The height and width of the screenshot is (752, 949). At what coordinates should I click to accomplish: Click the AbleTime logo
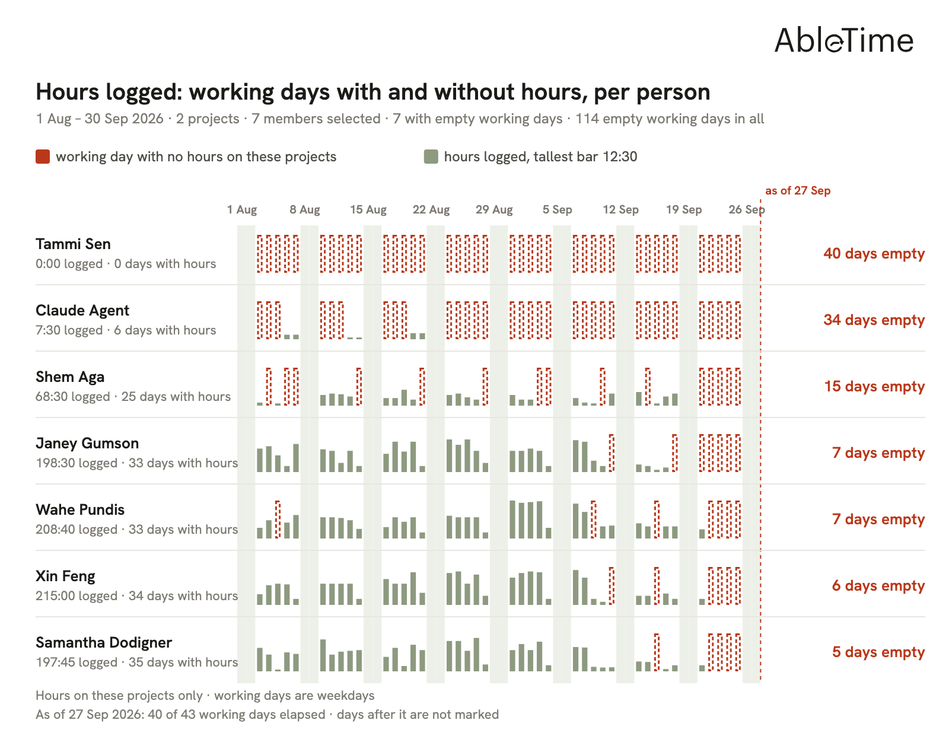843,40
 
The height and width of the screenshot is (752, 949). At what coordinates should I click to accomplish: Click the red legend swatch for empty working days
43,157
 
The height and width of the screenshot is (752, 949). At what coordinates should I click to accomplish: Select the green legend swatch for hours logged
431,157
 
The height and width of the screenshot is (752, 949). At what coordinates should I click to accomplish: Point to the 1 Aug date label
241,209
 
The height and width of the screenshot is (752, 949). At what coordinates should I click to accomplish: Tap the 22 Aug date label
431,209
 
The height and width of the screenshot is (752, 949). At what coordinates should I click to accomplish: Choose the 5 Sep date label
557,209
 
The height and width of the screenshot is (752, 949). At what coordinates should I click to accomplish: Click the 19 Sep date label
683,209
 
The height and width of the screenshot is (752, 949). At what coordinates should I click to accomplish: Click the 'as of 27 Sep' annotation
798,190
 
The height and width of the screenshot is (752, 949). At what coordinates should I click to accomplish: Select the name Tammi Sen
73,244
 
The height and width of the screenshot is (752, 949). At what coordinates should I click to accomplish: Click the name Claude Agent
82,311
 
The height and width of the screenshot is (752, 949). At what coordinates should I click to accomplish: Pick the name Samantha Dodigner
104,643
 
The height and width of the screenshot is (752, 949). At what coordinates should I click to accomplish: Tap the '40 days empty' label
874,254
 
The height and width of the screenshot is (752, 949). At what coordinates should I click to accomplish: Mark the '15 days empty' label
874,386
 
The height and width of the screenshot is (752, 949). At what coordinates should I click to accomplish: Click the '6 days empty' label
878,586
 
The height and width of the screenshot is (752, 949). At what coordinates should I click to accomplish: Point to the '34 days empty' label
874,320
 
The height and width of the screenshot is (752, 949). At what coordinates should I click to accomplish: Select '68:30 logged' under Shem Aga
73,397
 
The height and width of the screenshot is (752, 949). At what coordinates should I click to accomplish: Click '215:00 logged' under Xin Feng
77,596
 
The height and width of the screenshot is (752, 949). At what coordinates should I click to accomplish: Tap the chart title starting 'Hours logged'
373,92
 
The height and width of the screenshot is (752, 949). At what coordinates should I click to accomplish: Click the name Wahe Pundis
80,510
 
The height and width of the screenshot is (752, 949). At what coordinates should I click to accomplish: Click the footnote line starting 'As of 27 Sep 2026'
267,715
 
